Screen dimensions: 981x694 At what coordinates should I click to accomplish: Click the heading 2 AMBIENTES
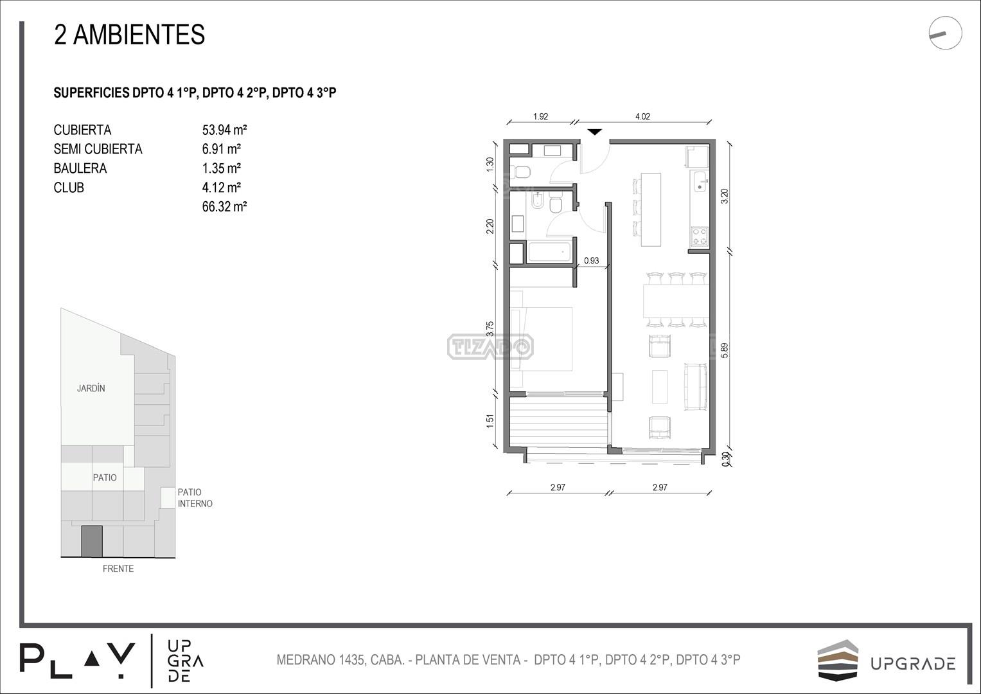click(x=129, y=35)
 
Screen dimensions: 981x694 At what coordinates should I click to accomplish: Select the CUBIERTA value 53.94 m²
click(x=224, y=130)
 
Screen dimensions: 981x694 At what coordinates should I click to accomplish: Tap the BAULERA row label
click(x=80, y=168)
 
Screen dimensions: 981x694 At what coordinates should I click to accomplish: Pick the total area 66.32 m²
click(x=224, y=207)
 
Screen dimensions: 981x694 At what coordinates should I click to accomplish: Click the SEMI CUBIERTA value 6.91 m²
click(x=221, y=149)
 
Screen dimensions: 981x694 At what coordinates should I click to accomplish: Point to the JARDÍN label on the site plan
click(x=91, y=388)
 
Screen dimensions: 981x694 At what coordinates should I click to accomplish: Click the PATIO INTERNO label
click(x=195, y=498)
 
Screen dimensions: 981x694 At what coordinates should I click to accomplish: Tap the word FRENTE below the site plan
click(x=118, y=569)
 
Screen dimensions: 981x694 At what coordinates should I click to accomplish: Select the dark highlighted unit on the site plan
click(x=92, y=541)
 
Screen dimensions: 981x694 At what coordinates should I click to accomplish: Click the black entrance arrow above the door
click(x=594, y=132)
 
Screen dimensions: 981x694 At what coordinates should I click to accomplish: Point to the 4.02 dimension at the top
click(x=642, y=116)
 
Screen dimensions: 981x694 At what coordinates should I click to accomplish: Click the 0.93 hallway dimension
click(x=591, y=260)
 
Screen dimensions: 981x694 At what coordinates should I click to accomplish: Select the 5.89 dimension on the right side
click(x=725, y=350)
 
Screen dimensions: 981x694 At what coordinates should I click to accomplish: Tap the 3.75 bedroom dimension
click(x=490, y=328)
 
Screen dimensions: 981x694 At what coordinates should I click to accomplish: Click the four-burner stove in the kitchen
click(x=700, y=236)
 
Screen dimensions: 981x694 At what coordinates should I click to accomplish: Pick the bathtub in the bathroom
click(x=549, y=251)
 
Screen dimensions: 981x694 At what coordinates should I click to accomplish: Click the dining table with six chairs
click(x=676, y=300)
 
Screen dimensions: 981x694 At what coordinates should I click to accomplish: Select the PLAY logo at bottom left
click(x=77, y=661)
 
